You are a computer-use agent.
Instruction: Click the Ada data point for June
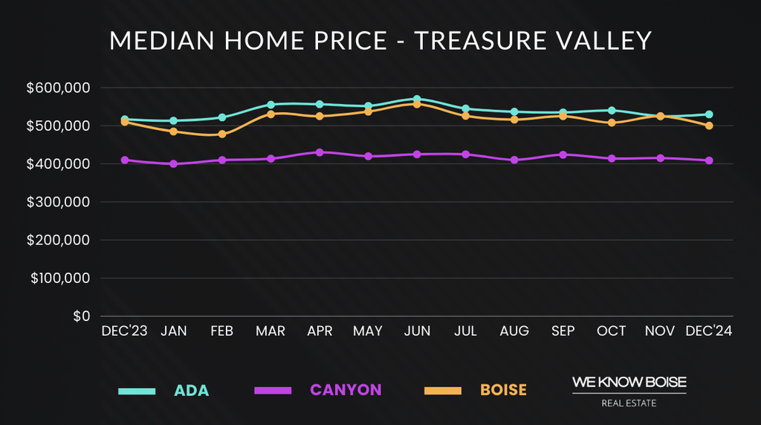(x=417, y=99)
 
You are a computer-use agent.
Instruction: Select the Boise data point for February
(x=222, y=134)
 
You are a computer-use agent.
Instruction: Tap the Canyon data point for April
(x=320, y=152)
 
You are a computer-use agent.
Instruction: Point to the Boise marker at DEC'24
(x=709, y=126)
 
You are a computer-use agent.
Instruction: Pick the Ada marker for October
(x=612, y=111)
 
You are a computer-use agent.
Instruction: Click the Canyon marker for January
(x=173, y=163)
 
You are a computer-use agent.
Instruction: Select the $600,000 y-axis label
(x=58, y=88)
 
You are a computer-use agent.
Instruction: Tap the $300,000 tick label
(x=58, y=202)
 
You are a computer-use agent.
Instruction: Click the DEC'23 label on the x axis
(x=125, y=331)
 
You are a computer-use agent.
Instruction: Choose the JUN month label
(x=417, y=331)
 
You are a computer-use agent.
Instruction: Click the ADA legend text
(x=192, y=391)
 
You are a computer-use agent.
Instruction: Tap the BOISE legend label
(x=503, y=390)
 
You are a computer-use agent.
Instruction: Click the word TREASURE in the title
(x=480, y=41)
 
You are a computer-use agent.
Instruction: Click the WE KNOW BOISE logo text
(x=629, y=382)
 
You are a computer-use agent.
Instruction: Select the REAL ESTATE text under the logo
(x=629, y=404)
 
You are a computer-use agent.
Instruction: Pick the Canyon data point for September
(x=563, y=155)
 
